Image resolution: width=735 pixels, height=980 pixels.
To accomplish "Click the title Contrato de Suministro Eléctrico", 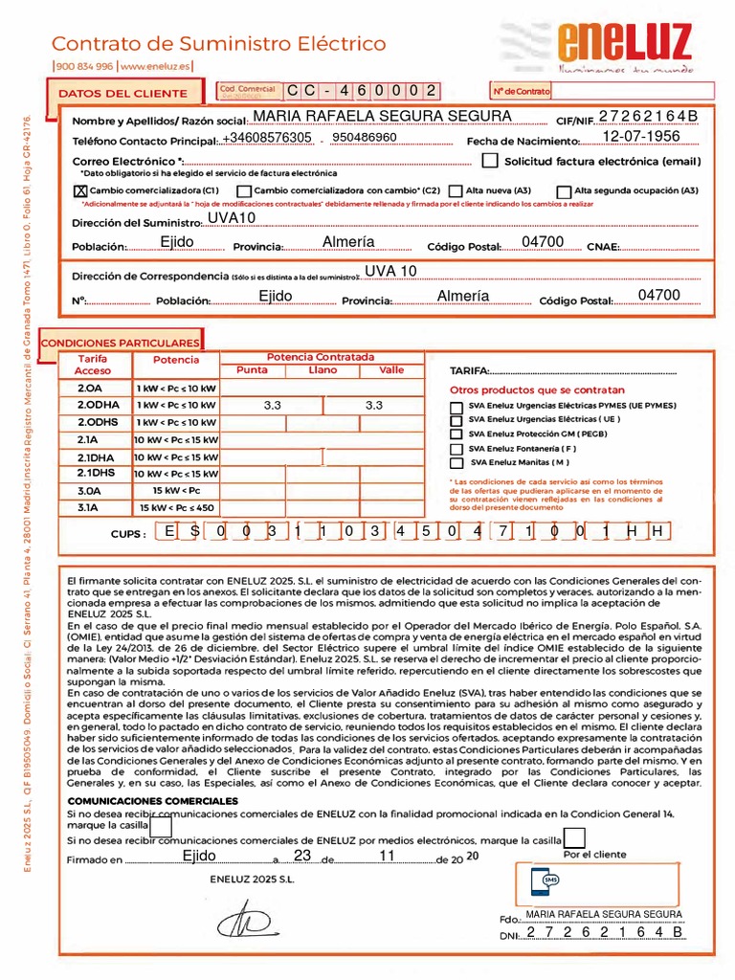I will [218, 44].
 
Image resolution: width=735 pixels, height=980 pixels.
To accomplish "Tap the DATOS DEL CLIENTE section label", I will [123, 93].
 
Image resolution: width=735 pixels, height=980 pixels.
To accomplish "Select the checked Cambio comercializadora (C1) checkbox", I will [79, 190].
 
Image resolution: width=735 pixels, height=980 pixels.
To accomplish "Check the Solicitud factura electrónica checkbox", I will [490, 161].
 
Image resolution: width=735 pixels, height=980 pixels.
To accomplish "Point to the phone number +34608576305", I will [267, 138].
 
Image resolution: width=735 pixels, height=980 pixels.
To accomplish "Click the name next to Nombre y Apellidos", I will [382, 116].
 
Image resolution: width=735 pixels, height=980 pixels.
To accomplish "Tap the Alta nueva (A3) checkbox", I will [457, 190].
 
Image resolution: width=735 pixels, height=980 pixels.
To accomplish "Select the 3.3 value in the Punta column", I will [272, 406].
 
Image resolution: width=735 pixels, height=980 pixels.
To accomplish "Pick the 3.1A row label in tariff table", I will [90, 507].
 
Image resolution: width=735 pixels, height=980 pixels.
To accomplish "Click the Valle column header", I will [391, 369].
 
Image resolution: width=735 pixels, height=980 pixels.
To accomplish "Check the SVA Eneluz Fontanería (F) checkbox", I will [456, 448].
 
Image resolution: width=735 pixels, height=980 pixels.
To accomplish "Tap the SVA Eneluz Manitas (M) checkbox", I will [456, 462].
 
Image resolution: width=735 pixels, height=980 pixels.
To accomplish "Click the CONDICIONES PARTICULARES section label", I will [122, 342].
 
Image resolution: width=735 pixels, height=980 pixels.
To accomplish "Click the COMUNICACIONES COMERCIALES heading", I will [153, 800].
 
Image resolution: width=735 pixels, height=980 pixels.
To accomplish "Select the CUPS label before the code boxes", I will [128, 533].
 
